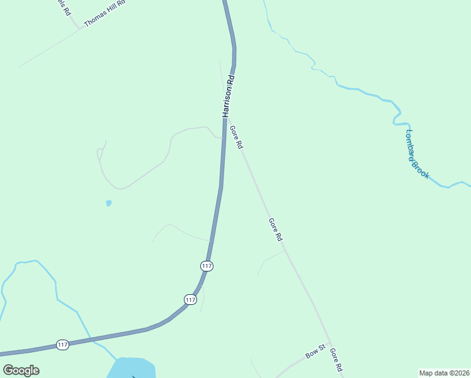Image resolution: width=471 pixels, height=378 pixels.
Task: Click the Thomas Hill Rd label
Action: (105, 13)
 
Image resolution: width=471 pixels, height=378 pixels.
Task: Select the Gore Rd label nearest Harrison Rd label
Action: (237, 137)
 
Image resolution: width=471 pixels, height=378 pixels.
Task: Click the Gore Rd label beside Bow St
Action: (336, 360)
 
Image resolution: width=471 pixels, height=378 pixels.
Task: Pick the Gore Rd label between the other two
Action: (276, 230)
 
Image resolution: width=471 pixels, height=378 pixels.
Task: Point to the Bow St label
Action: (315, 352)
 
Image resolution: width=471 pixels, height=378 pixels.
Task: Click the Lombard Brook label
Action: (417, 154)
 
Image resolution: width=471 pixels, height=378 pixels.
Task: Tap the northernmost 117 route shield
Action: (207, 266)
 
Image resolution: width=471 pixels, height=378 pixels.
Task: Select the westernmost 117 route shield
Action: (62, 345)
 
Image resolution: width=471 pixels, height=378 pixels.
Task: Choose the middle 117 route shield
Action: (190, 299)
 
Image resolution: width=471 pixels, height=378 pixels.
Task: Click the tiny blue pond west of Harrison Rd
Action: (109, 203)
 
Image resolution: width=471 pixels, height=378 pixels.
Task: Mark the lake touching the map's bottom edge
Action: (132, 368)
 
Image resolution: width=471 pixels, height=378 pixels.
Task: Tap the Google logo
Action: (21, 370)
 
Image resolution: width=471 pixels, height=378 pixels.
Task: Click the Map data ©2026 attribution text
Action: (444, 372)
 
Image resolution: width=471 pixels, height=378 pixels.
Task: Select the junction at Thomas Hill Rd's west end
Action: (80, 28)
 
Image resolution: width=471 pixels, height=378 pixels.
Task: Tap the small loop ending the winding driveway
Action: (99, 153)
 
